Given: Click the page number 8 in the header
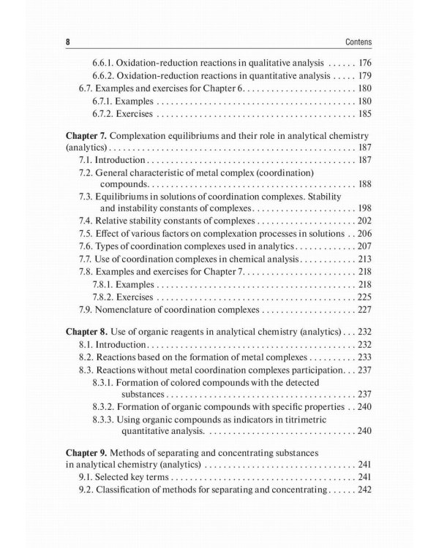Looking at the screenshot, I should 67,42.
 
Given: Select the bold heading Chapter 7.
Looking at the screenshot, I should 86,136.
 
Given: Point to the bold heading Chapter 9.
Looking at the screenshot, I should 86,454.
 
